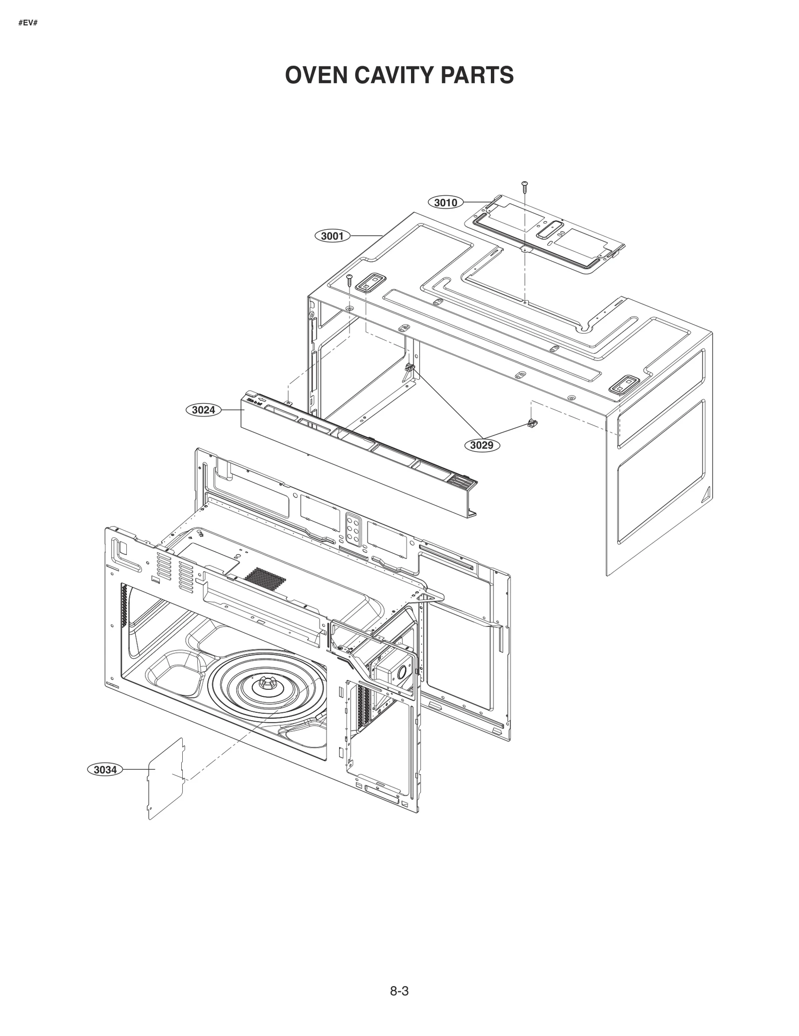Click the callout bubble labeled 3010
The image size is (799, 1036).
445,202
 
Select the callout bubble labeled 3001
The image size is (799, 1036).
332,236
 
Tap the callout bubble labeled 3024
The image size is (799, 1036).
204,410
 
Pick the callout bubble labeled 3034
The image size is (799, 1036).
105,770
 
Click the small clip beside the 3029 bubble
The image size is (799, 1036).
533,424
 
